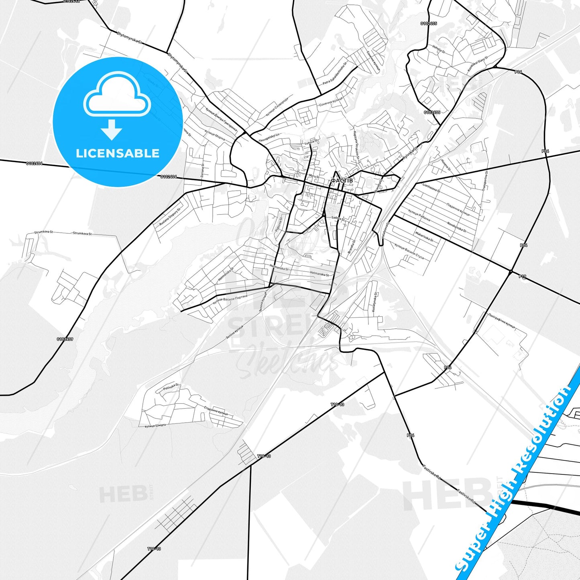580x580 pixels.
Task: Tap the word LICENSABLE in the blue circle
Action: (118, 153)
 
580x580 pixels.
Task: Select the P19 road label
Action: (523, 277)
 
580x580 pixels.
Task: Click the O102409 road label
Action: (65, 339)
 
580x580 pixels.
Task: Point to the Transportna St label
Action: (485, 181)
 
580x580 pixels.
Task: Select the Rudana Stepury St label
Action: (170, 217)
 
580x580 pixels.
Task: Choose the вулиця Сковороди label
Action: (277, 106)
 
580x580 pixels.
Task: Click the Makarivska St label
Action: (424, 236)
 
